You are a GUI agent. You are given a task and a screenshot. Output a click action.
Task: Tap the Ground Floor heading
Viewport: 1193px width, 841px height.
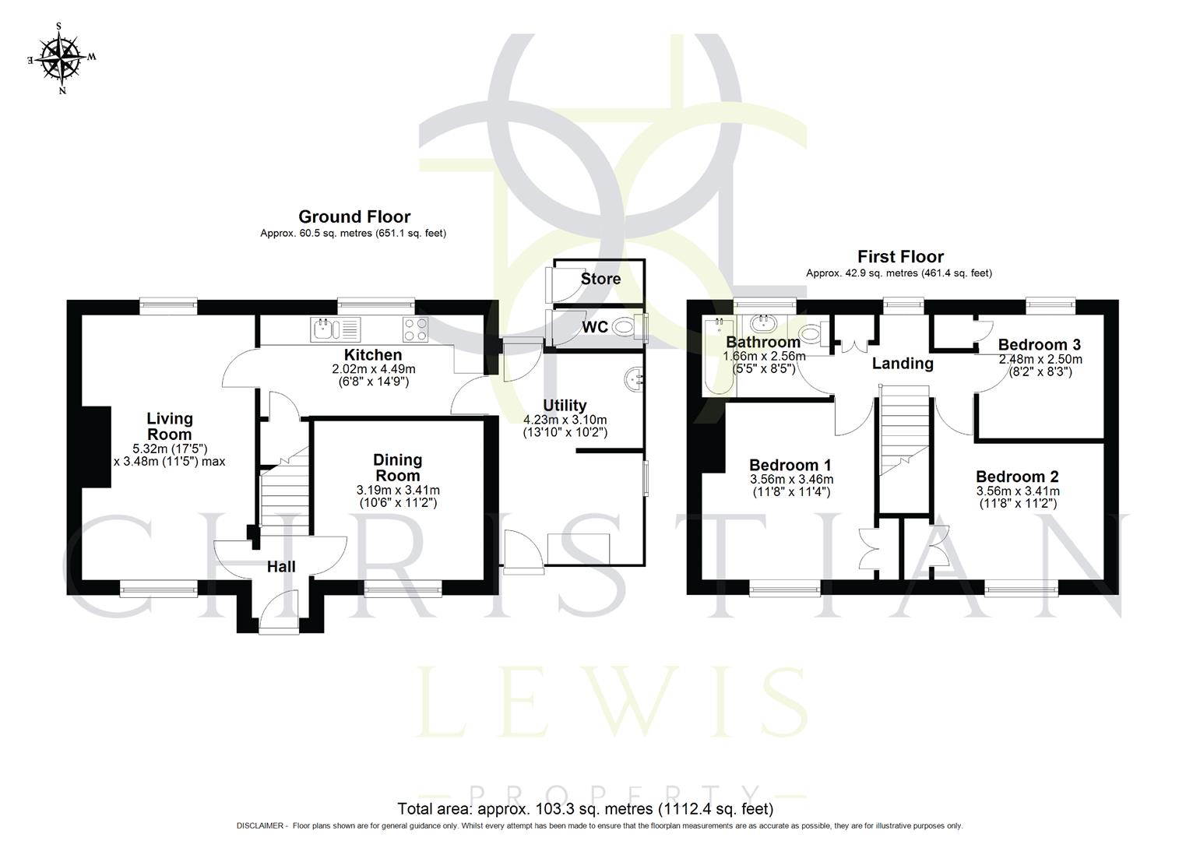(x=354, y=216)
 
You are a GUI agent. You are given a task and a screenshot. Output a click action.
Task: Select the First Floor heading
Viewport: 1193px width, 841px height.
(x=900, y=256)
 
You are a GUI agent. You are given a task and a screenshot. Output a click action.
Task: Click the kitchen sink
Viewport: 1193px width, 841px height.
(x=335, y=329)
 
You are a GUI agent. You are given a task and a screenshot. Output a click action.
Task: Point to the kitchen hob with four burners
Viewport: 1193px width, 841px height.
(x=414, y=330)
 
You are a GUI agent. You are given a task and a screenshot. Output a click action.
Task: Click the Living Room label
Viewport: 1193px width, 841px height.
(x=170, y=427)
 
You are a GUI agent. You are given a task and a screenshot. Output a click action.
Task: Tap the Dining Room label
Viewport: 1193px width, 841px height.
(x=398, y=467)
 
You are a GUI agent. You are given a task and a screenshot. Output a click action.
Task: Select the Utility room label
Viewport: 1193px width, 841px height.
(x=565, y=405)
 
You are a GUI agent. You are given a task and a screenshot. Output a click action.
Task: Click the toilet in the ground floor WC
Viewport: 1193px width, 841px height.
(x=625, y=328)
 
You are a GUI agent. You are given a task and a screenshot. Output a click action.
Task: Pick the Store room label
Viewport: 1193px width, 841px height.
(x=601, y=279)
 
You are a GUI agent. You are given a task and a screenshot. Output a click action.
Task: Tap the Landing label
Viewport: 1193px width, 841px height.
(x=902, y=364)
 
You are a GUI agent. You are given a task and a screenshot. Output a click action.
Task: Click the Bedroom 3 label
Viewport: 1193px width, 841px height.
(x=1039, y=344)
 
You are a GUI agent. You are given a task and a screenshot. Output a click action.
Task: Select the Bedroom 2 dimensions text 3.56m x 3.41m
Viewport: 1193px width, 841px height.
(x=1017, y=491)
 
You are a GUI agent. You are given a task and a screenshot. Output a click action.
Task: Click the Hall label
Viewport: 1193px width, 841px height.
(x=281, y=567)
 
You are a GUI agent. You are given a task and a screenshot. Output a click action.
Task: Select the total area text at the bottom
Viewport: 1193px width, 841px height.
(x=585, y=808)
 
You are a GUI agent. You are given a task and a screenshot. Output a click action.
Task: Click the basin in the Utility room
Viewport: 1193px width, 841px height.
(x=634, y=380)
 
